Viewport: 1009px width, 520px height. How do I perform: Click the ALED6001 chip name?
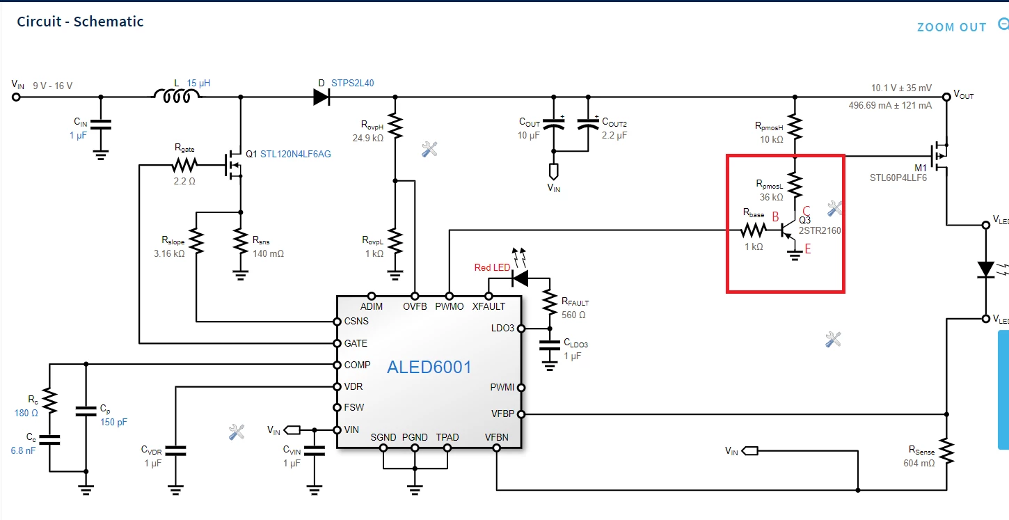tap(429, 368)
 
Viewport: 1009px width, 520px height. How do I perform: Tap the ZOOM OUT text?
tap(951, 27)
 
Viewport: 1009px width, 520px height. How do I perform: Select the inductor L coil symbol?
tap(177, 96)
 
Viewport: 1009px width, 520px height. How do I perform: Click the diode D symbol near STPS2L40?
tap(321, 97)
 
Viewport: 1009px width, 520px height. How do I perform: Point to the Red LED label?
tap(492, 268)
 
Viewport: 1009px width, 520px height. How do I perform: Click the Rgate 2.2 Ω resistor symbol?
tap(184, 166)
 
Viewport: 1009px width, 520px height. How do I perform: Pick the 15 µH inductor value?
tap(198, 84)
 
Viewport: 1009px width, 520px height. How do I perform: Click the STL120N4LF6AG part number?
tap(296, 154)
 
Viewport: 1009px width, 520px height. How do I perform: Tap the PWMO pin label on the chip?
tap(449, 306)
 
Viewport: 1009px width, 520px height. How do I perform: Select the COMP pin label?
tap(357, 365)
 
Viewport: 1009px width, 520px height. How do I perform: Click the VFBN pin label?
tap(496, 438)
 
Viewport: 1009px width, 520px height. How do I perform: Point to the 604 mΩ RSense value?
tap(919, 463)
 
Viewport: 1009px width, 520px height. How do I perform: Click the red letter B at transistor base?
tap(775, 216)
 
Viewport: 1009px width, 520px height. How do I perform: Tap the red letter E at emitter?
tap(808, 249)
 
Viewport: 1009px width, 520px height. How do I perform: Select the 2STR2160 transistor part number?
tap(820, 230)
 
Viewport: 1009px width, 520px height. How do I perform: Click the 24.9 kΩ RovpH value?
tap(368, 138)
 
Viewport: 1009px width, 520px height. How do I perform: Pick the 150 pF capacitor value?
tap(113, 423)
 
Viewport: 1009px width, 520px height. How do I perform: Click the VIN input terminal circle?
tap(16, 97)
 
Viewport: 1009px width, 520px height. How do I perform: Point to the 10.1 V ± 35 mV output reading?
tap(901, 88)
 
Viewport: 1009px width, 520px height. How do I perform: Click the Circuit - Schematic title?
tap(80, 22)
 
